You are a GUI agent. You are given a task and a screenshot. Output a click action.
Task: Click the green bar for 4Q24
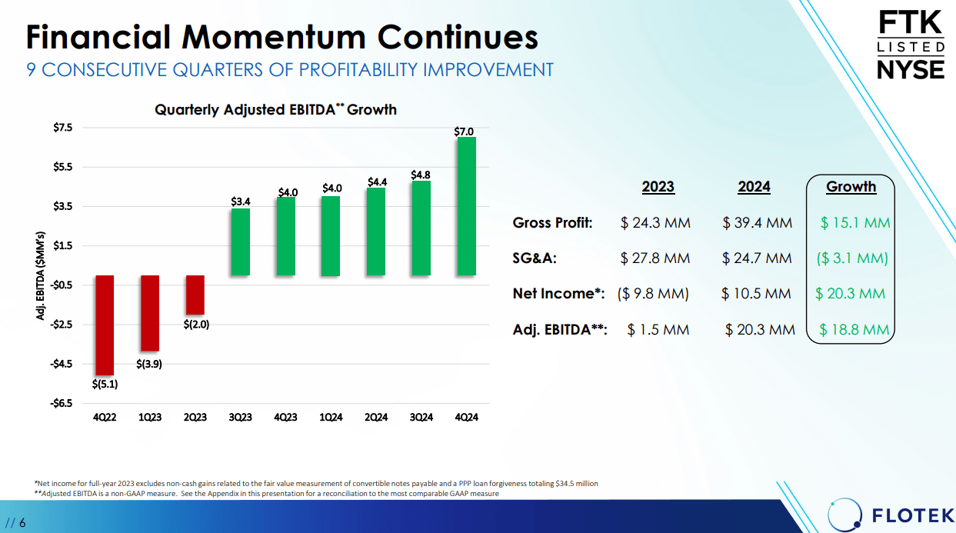[466, 206]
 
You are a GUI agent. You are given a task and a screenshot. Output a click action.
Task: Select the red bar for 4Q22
[105, 325]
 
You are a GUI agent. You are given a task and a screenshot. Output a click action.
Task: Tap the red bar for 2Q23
[195, 295]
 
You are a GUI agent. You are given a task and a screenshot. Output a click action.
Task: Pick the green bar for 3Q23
[241, 242]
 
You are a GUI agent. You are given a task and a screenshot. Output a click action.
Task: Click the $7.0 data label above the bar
[464, 132]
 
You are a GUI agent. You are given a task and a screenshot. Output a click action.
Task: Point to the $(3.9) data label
[149, 364]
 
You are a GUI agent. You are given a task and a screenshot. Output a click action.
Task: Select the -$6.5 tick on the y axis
[62, 403]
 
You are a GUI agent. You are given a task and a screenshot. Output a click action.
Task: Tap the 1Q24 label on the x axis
[331, 418]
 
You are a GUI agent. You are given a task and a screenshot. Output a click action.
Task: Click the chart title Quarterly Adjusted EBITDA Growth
[275, 109]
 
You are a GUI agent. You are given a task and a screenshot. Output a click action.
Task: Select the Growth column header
[851, 186]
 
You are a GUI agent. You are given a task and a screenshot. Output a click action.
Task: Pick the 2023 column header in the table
[658, 187]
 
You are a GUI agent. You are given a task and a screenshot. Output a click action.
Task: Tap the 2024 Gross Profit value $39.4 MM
[757, 223]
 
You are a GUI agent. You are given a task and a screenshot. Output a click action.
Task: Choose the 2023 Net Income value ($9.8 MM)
[653, 294]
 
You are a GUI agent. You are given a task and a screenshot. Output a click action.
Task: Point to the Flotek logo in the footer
[891, 515]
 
